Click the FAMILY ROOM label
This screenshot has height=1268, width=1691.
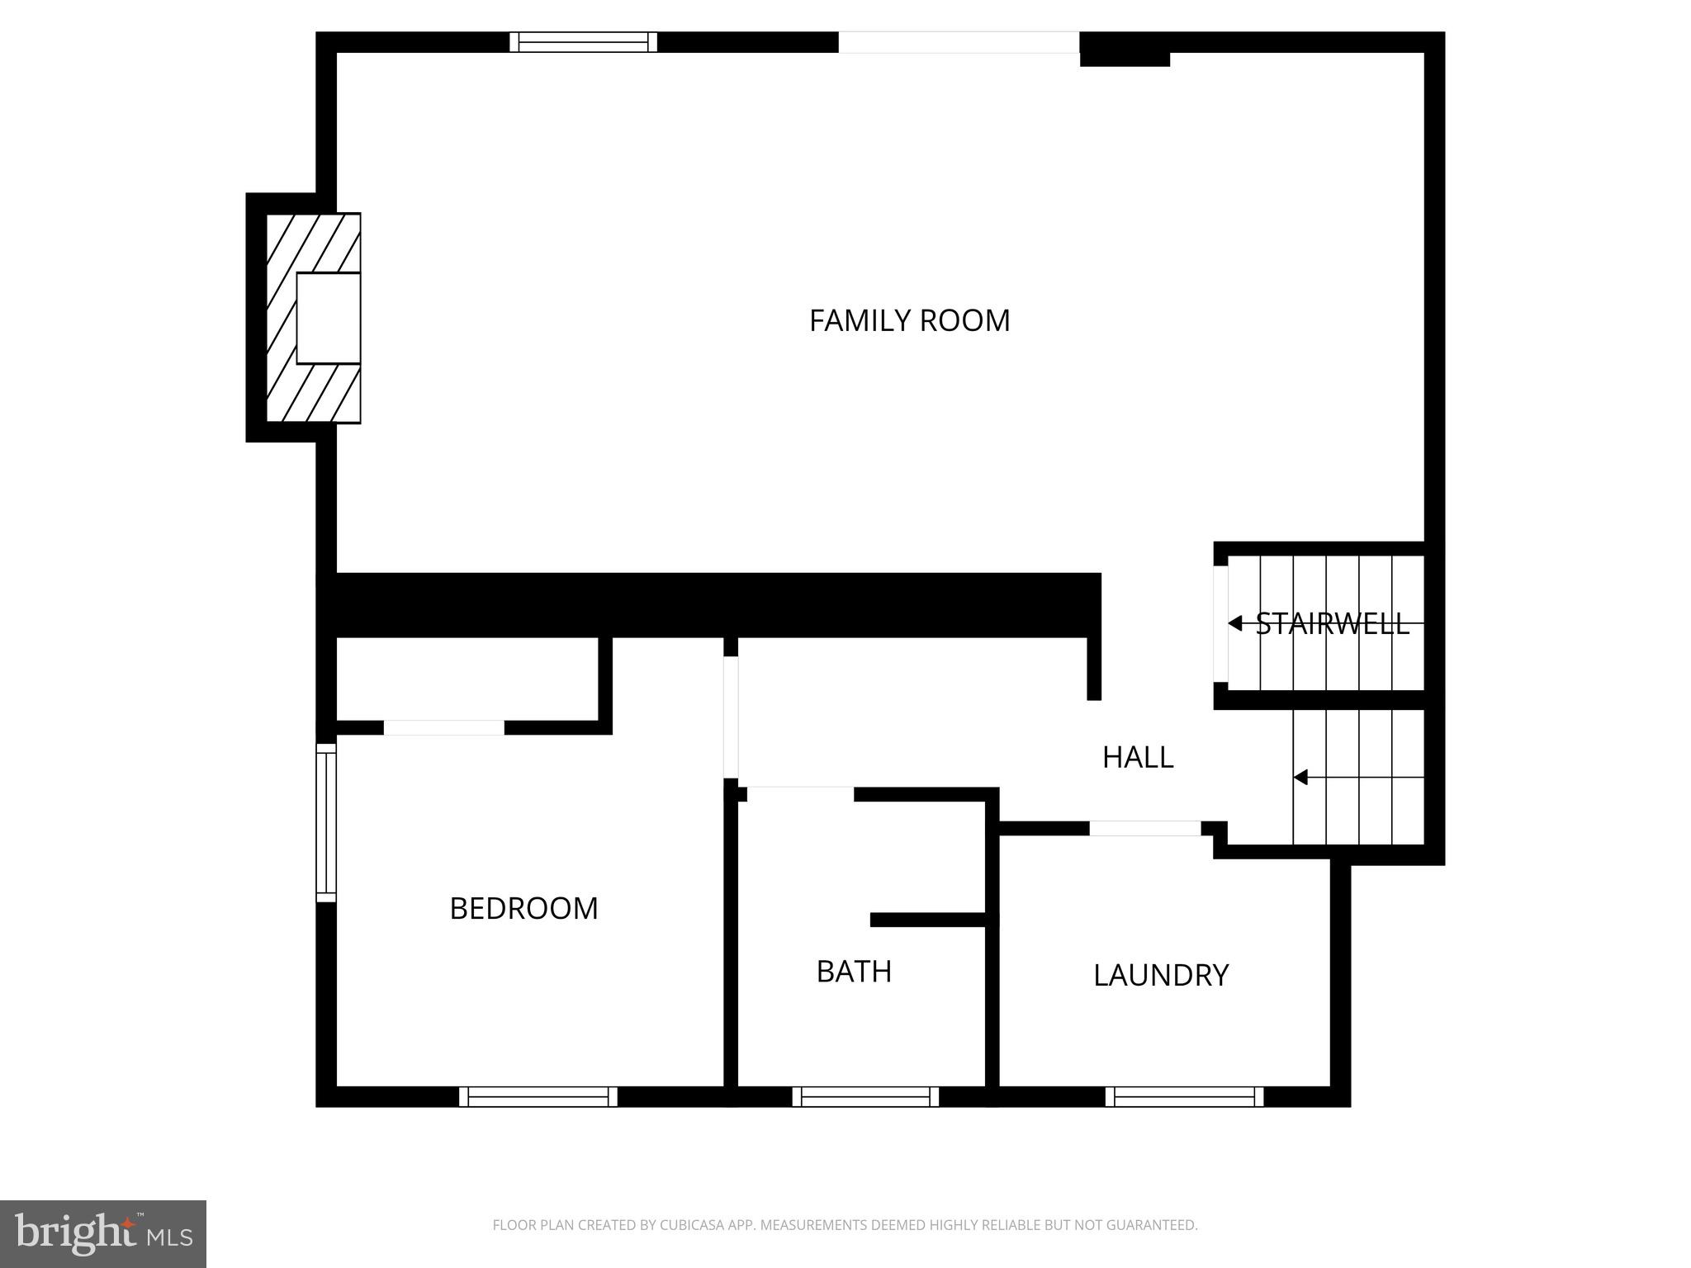[909, 320]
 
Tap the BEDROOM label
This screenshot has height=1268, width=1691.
[523, 908]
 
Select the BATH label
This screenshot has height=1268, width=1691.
[854, 972]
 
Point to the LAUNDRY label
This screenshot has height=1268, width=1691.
[1161, 975]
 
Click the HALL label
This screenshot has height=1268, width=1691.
[1138, 757]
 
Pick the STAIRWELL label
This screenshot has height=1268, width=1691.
[1332, 623]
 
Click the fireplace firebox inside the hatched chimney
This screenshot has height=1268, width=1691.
[328, 318]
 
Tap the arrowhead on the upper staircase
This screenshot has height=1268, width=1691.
[1235, 623]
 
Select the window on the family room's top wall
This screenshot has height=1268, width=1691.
[583, 42]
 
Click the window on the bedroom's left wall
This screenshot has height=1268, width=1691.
[327, 822]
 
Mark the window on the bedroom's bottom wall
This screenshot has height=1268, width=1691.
[538, 1096]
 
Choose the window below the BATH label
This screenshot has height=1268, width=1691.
[865, 1096]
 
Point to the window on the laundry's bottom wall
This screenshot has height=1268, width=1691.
[1184, 1096]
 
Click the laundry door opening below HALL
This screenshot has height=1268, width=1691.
[1145, 828]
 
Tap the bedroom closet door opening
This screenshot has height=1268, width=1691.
[444, 727]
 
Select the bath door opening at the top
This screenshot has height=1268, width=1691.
[800, 794]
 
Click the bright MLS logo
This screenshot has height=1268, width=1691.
[103, 1233]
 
